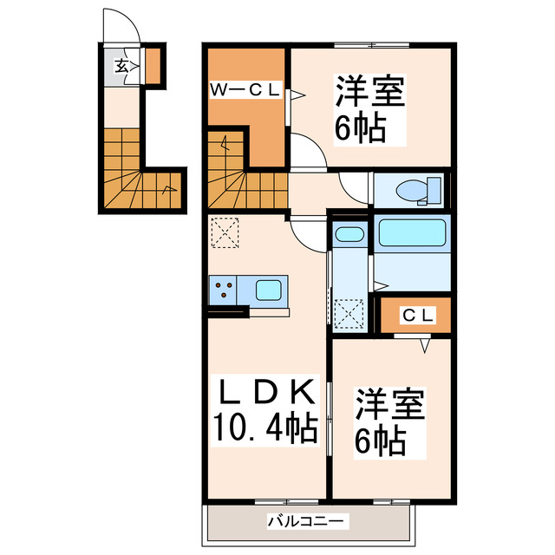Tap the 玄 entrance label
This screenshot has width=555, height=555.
123,64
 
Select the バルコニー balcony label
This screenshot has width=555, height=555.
307,521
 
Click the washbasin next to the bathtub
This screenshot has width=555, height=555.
349,233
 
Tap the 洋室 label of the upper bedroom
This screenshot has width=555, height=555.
371,91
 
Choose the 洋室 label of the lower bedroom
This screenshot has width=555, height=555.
388,406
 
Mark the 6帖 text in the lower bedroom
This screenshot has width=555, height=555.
378,442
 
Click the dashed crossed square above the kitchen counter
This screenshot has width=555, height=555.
224,232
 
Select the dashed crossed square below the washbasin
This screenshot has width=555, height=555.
351,310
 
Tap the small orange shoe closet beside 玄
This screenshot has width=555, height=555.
153,67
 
